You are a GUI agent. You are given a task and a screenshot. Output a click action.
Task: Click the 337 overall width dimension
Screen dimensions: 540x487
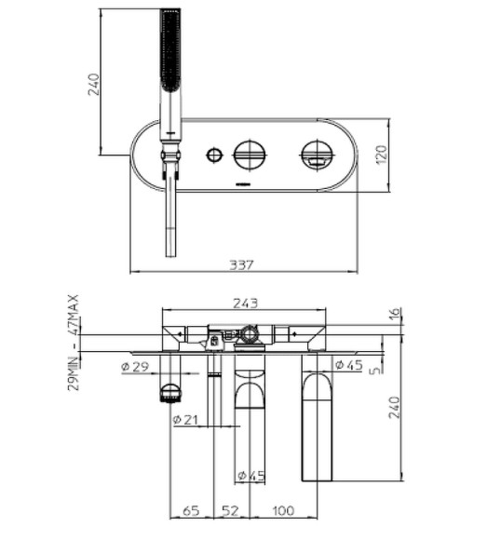[242, 265]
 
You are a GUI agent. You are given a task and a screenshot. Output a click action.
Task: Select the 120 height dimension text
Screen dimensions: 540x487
[380, 155]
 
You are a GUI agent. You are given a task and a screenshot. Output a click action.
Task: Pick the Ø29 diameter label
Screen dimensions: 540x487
[135, 365]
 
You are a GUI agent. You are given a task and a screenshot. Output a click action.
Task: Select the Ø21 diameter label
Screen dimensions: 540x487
[186, 420]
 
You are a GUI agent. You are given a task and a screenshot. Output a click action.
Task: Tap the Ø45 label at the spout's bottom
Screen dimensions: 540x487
[251, 476]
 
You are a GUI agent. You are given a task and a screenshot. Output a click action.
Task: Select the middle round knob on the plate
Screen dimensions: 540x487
[250, 155]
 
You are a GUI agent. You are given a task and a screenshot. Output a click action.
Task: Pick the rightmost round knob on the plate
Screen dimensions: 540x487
[318, 155]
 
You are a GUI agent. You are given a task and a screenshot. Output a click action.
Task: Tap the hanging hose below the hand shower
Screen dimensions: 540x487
[169, 219]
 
